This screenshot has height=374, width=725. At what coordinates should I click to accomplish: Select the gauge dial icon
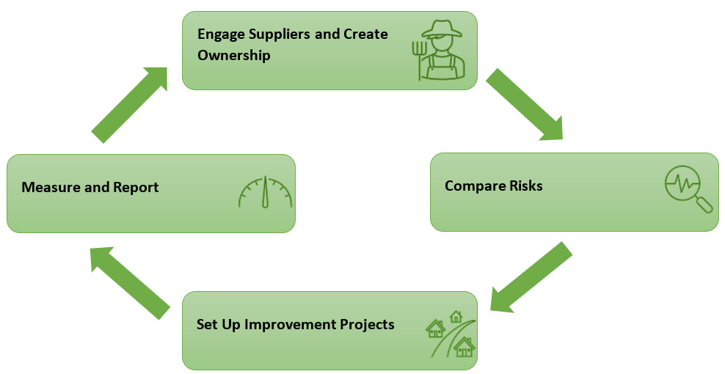[266, 191]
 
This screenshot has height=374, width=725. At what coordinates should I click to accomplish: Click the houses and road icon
[451, 334]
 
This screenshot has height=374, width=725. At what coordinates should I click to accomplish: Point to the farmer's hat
[442, 29]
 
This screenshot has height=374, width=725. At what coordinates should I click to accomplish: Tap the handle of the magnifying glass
[704, 205]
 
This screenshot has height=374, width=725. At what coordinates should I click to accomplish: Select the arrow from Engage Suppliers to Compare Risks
[525, 104]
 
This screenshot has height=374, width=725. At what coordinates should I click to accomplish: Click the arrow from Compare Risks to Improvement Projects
[531, 277]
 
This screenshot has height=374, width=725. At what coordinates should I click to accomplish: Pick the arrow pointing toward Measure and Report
[130, 282]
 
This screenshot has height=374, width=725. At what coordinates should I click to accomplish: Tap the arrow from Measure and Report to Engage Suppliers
[129, 105]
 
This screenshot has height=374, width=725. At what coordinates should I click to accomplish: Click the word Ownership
[234, 55]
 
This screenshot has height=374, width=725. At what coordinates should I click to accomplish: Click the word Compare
[475, 186]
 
